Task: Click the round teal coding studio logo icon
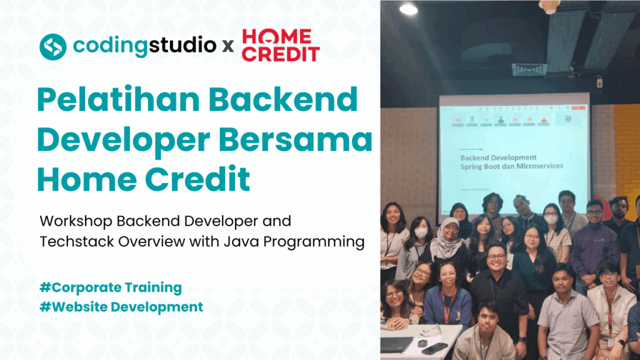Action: click(52, 46)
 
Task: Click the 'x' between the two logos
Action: click(229, 47)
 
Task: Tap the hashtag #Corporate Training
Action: click(110, 288)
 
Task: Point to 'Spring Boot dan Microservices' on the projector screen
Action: click(507, 166)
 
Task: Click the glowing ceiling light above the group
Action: click(408, 9)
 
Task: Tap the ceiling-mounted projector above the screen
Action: click(529, 69)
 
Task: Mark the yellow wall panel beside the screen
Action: click(626, 150)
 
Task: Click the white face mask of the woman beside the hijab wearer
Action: click(421, 232)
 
